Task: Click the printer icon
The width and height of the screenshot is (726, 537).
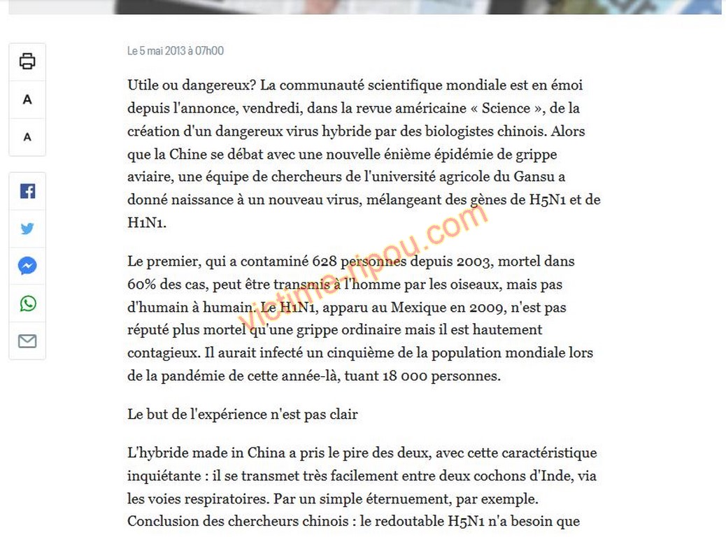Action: click(27, 62)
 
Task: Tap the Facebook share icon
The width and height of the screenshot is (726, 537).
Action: click(27, 191)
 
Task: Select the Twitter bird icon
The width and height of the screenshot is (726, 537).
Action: click(27, 229)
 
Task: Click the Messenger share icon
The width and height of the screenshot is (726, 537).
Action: click(27, 266)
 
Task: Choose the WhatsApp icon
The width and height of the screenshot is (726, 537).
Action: click(27, 303)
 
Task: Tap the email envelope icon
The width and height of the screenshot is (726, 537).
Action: click(27, 341)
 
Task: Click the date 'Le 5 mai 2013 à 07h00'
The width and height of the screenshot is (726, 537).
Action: click(176, 51)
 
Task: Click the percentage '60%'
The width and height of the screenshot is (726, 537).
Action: click(141, 285)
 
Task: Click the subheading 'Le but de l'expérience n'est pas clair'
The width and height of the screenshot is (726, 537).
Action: click(243, 414)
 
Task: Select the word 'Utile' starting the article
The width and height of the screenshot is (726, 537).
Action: click(144, 85)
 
